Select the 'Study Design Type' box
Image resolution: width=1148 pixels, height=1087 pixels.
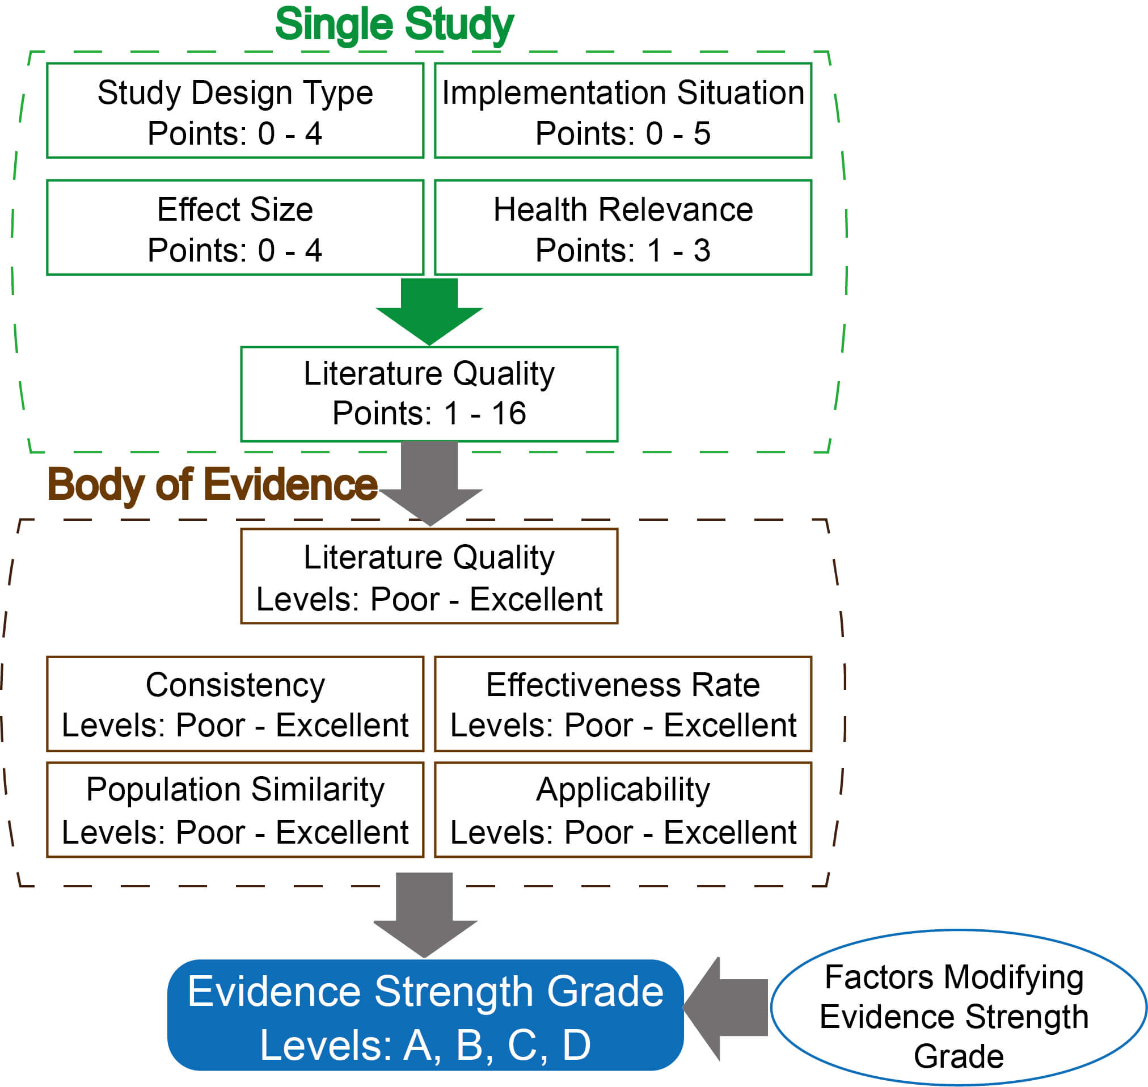[235, 111]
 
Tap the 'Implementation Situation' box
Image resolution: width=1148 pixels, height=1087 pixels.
[623, 111]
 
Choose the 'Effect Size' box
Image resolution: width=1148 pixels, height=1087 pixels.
[235, 227]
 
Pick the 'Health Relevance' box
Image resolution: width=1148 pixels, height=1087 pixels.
[623, 227]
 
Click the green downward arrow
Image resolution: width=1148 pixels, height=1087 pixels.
[429, 310]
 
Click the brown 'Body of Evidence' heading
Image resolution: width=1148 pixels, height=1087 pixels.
[212, 484]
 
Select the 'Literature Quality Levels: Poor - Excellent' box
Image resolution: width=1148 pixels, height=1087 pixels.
[429, 576]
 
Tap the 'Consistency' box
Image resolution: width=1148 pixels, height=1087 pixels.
[235, 705]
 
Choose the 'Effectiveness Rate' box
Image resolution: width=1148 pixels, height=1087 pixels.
[623, 705]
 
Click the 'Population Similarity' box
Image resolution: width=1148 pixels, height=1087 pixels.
[235, 810]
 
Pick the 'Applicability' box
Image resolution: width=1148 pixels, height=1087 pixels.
[623, 810]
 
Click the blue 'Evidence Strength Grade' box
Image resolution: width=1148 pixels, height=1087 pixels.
[425, 1016]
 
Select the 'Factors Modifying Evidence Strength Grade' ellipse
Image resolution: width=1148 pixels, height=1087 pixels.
[959, 1009]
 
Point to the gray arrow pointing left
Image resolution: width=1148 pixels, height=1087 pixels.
[727, 1008]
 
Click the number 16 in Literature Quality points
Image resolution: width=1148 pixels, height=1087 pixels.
[509, 414]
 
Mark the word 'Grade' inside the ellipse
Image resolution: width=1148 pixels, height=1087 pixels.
[959, 1056]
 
